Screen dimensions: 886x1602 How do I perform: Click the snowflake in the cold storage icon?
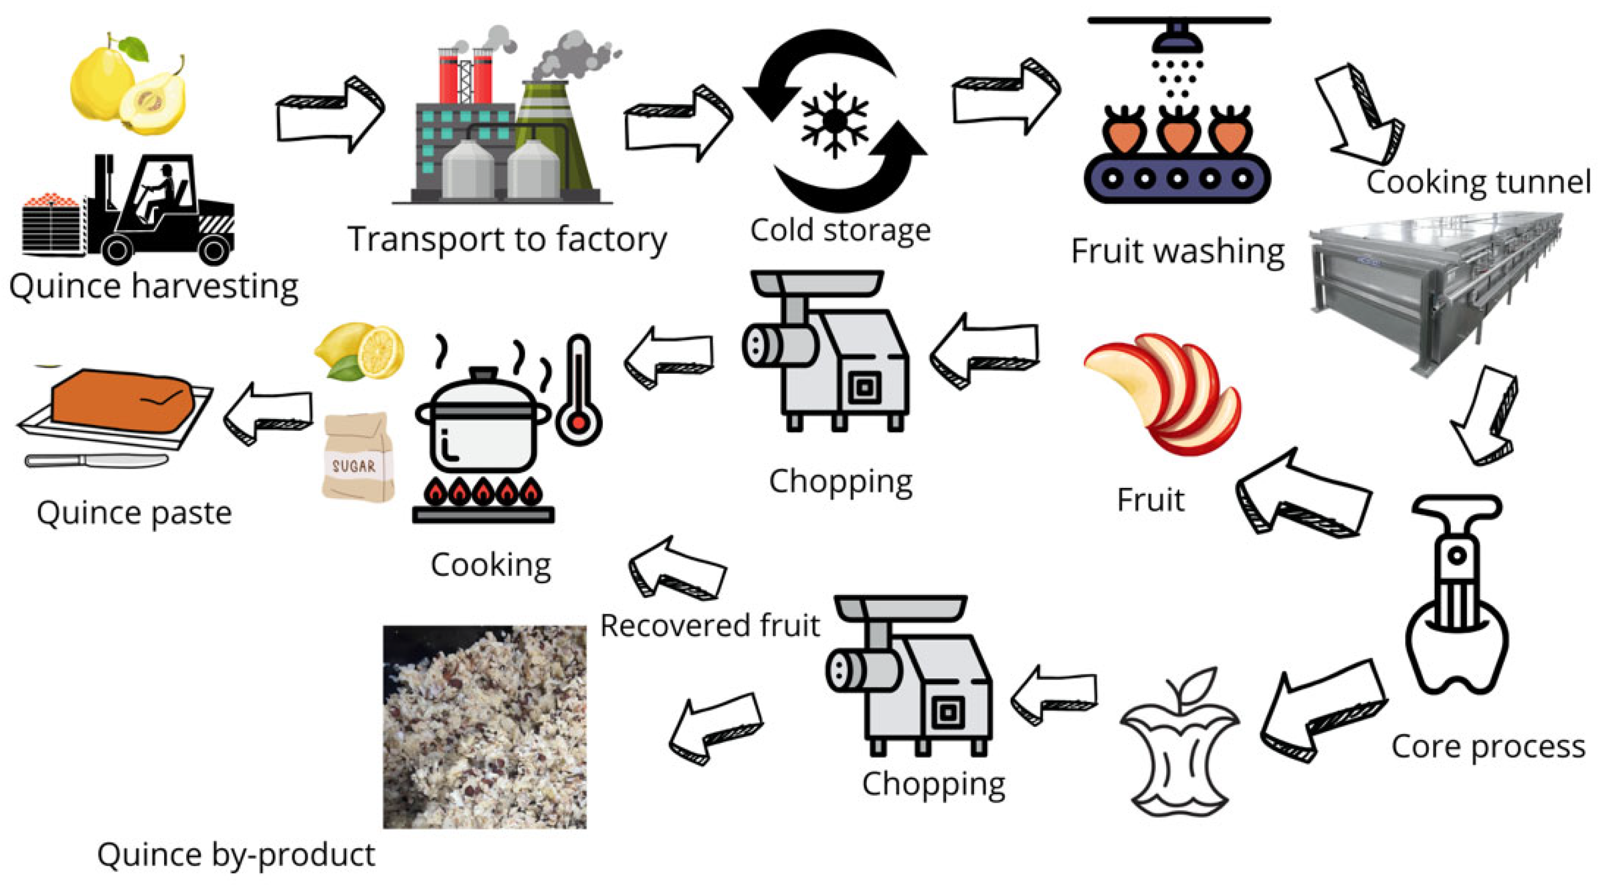click(x=834, y=121)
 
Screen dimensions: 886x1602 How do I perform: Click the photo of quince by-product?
click(x=484, y=727)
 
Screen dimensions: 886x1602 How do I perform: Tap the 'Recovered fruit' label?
click(x=710, y=626)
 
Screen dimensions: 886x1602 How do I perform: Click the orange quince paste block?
click(x=122, y=400)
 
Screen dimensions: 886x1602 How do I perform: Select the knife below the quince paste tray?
click(x=96, y=460)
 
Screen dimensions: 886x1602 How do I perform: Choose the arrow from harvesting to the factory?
click(x=330, y=115)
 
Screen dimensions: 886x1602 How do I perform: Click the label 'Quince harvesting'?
click(x=153, y=287)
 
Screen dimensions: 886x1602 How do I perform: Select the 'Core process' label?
click(x=1487, y=747)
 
